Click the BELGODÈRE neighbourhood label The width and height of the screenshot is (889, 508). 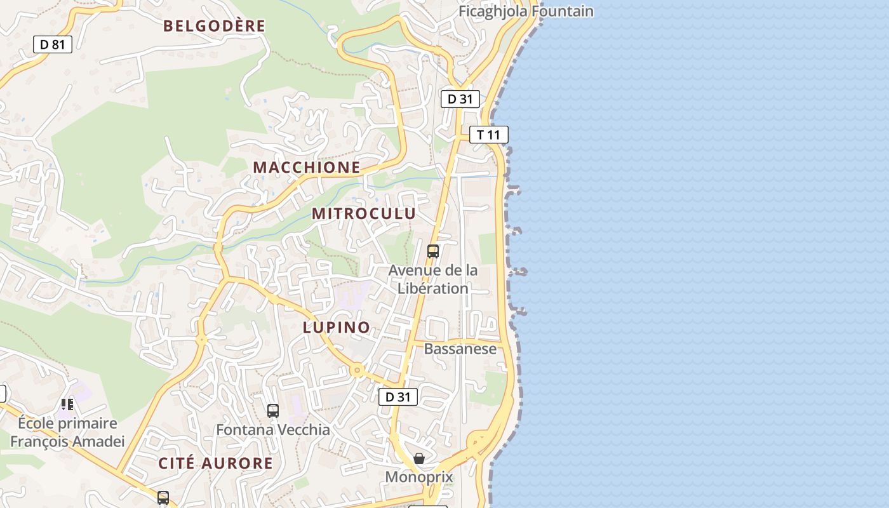coord(214,26)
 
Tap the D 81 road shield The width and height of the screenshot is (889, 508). coord(53,44)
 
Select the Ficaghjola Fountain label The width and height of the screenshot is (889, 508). coord(526,11)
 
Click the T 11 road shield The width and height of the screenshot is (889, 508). coord(489,135)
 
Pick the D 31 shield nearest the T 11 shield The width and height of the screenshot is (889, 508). coord(460,98)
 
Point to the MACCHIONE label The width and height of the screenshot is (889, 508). coord(307,168)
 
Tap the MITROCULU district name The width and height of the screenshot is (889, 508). coord(364,214)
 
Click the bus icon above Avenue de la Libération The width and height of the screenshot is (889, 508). coord(433,251)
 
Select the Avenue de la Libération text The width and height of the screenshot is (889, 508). coord(433,279)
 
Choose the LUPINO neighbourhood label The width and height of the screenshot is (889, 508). coord(337,328)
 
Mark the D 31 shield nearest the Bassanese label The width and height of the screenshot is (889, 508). coord(398,397)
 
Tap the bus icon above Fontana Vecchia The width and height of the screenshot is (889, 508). coord(273,411)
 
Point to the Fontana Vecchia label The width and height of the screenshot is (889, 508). coord(273,430)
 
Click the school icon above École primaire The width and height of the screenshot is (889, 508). coord(67,404)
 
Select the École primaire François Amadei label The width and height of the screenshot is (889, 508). coord(67,432)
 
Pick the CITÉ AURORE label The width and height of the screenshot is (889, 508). coord(216,464)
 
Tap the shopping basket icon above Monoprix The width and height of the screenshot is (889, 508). coord(419,458)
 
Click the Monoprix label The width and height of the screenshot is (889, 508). coord(419,477)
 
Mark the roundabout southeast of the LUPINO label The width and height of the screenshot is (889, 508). coord(358,370)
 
